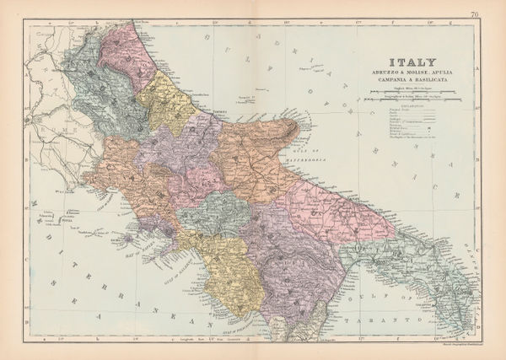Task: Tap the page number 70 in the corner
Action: (476, 13)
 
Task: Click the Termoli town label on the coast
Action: (221, 110)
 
